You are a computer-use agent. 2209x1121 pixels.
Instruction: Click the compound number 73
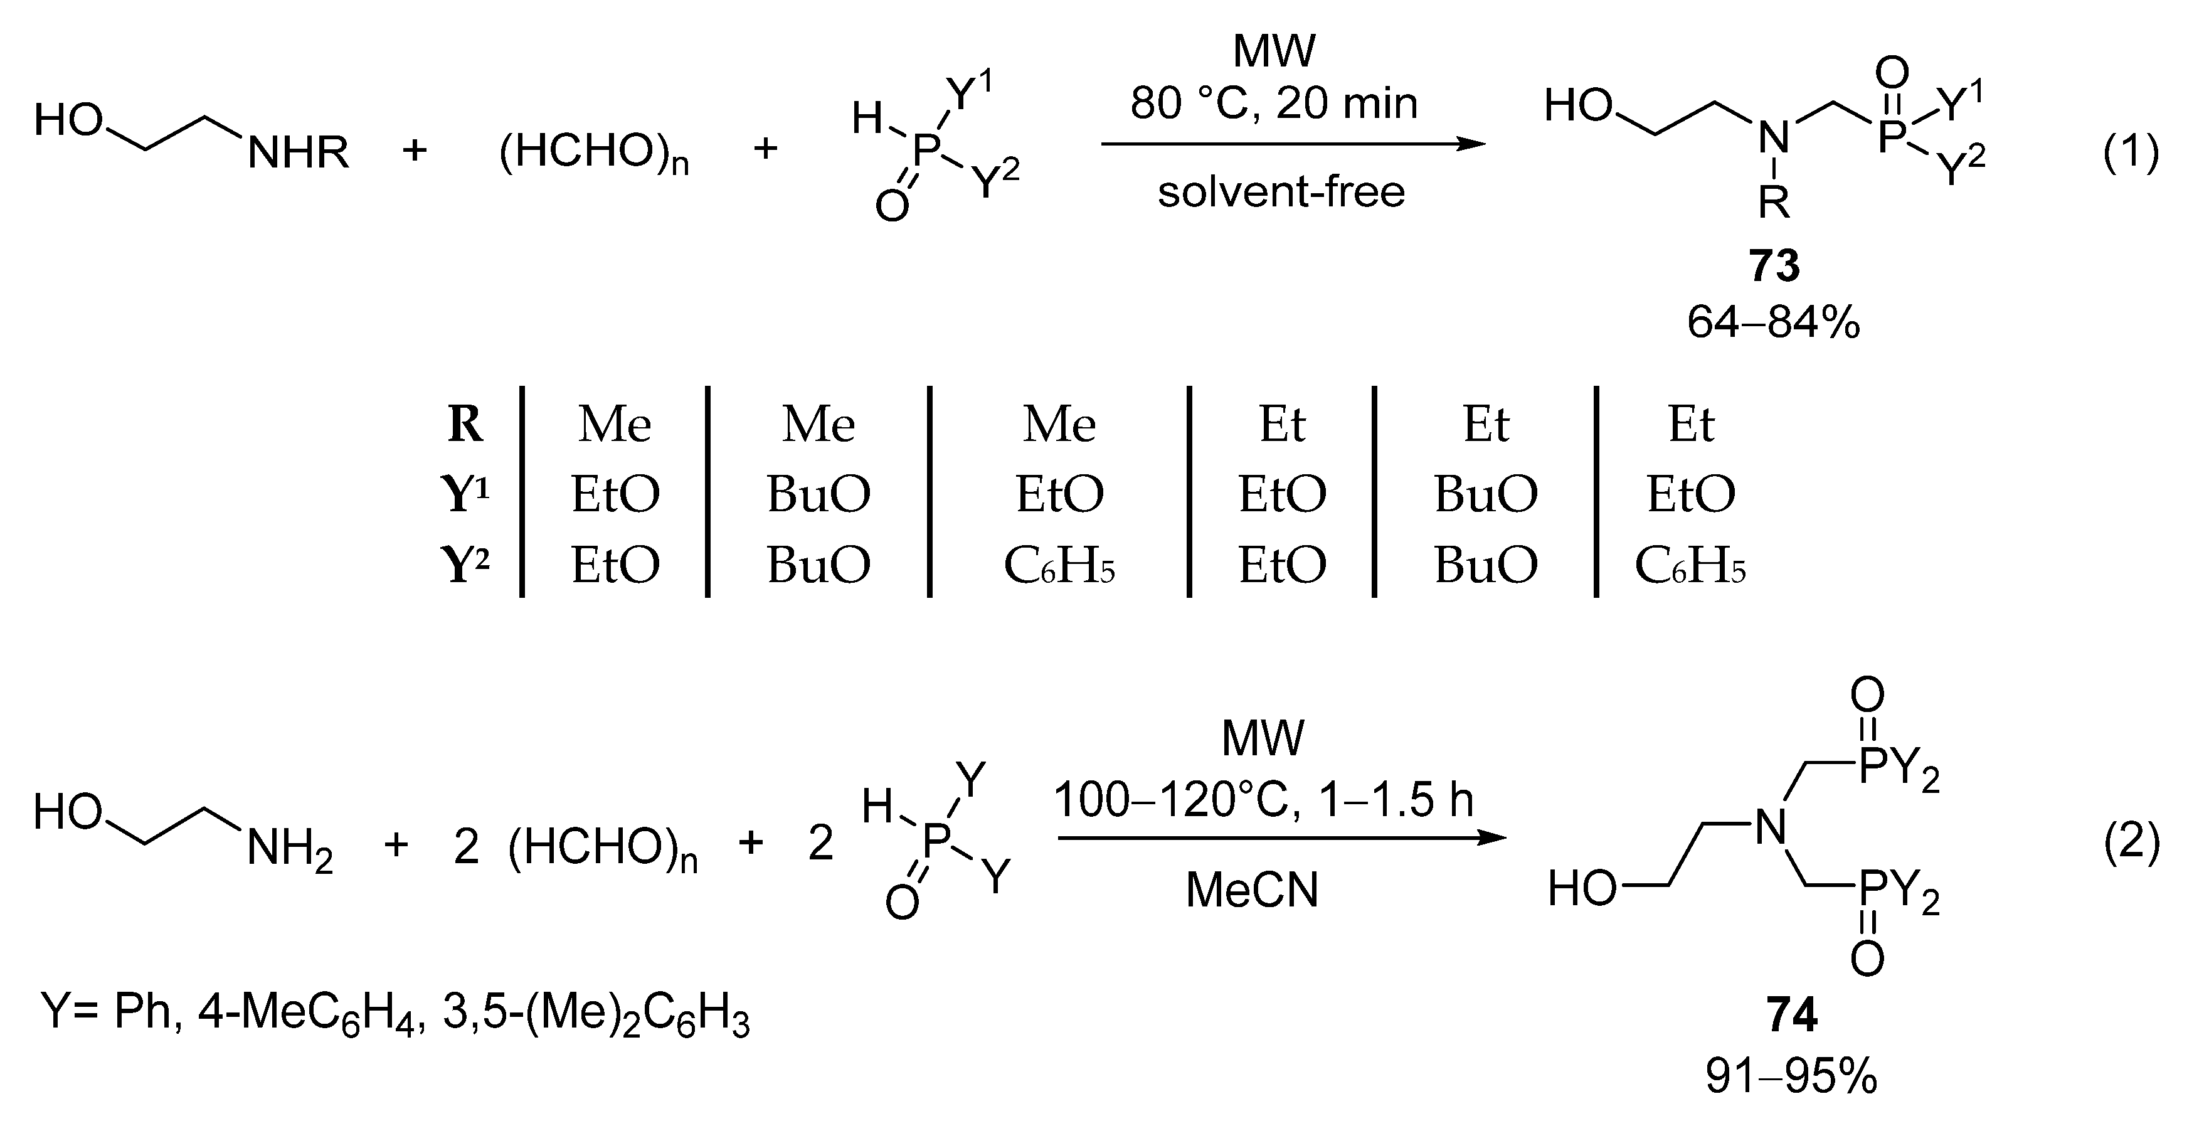coord(1773,266)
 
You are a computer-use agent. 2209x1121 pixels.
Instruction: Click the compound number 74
coord(1791,1016)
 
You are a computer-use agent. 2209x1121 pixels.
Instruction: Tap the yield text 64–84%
coord(1773,323)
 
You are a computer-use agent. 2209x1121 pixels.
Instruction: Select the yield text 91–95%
coord(1791,1076)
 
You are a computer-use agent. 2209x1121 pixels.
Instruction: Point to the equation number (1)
coord(2131,154)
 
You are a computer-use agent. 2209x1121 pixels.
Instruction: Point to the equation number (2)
coord(2131,844)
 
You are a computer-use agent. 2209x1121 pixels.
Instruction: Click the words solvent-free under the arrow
coord(1281,192)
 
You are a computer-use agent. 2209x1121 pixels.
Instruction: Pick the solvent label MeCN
coord(1252,890)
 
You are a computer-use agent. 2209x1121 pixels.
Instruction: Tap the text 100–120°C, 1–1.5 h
coord(1263,800)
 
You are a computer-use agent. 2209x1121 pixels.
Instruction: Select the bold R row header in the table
coord(465,425)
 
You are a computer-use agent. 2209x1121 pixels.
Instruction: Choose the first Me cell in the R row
coord(614,425)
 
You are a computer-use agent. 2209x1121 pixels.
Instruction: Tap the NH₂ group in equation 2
coord(289,850)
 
